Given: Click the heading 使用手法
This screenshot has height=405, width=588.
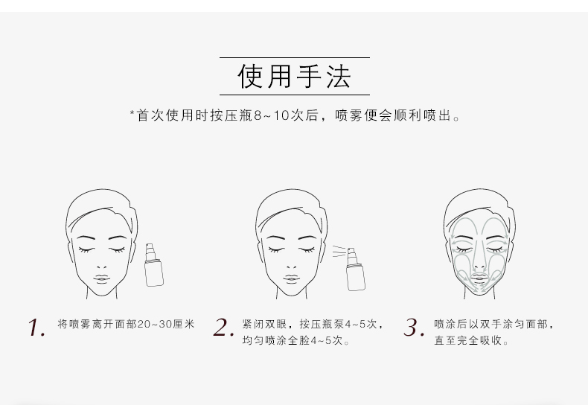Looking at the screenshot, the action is (295, 77).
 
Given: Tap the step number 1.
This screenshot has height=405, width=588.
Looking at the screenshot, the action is (36, 328).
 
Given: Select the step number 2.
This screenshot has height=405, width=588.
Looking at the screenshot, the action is (223, 327).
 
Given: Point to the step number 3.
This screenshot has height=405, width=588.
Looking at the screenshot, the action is (414, 327).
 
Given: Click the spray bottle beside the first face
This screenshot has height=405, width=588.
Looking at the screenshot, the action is (154, 265).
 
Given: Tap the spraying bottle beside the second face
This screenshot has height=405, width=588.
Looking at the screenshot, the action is (355, 269).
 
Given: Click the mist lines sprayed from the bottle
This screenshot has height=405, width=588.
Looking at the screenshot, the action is (339, 251).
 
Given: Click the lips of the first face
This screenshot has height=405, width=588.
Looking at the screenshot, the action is (101, 278).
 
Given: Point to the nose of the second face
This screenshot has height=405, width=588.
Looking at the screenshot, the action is (291, 266).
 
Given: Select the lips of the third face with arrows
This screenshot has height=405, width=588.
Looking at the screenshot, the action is (479, 278).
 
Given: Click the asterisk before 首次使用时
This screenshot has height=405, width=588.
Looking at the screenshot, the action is (132, 112).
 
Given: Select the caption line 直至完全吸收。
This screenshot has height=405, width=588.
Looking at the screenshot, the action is (472, 340).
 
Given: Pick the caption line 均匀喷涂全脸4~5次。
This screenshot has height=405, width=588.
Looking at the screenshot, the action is (296, 340).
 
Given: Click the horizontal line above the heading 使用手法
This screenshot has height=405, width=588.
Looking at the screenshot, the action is (295, 58).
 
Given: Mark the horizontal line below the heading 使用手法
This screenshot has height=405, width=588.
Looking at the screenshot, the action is (295, 95).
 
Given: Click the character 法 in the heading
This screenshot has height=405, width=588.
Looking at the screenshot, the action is (339, 77).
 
